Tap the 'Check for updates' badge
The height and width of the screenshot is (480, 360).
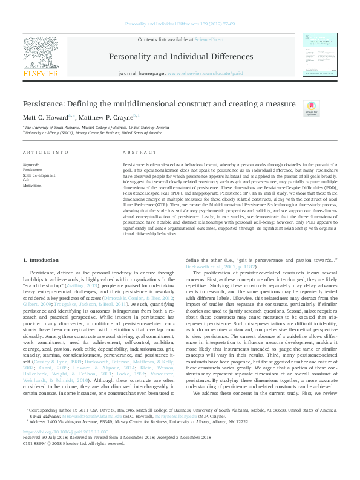point(310,109)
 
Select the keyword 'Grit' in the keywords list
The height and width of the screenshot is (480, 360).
point(25,180)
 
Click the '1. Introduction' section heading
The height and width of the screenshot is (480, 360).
point(41,243)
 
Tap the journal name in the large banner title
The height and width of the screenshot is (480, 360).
point(180,57)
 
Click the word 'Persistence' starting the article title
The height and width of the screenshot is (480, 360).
point(40,103)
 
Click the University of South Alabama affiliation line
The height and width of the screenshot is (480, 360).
point(97,128)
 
